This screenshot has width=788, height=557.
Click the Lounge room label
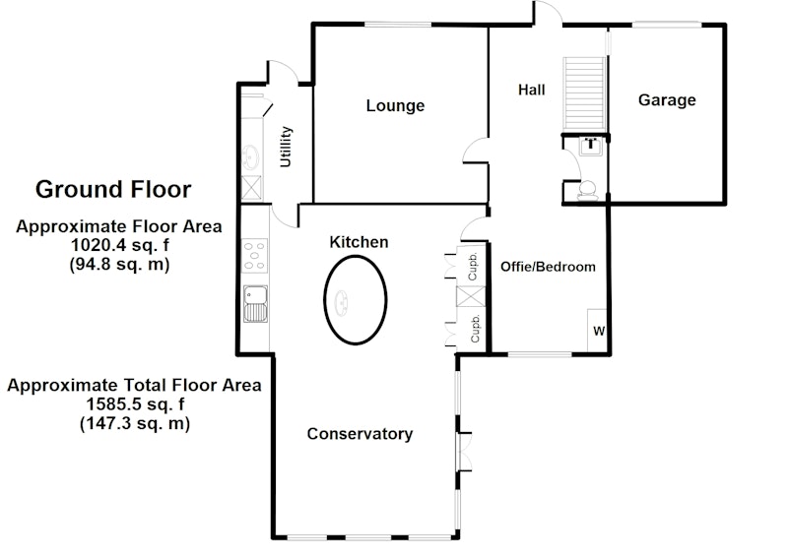point(395,105)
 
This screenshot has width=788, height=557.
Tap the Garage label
point(667,100)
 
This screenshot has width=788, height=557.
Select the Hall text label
point(532,90)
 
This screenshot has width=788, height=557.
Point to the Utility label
point(286,147)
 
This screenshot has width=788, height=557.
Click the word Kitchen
point(359,242)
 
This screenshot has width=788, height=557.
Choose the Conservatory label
point(360,433)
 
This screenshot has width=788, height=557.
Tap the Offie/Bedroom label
point(548,267)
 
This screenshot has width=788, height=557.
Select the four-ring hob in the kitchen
point(255,256)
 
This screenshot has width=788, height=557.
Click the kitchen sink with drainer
point(255,304)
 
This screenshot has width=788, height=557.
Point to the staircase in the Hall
point(584,93)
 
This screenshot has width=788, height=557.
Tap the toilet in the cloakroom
point(587,191)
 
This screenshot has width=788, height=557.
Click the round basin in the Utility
point(250,157)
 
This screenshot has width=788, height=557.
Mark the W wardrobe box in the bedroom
point(597,331)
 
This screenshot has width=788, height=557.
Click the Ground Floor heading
point(113,189)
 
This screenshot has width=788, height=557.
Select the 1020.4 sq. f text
point(120,246)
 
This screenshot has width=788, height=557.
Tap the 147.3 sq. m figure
point(135,423)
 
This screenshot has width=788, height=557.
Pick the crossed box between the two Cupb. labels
point(471,296)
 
